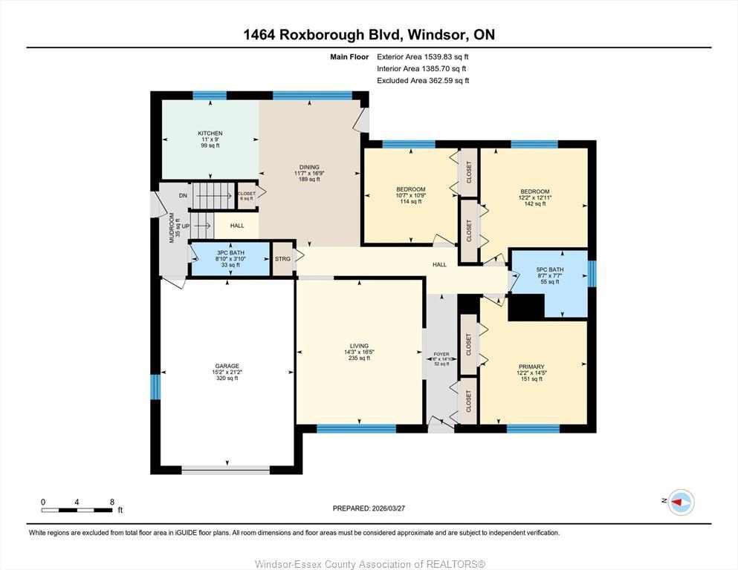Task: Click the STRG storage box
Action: pos(282,259)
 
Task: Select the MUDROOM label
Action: pos(172,229)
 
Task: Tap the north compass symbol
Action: pos(680,502)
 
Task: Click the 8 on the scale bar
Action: pos(112,502)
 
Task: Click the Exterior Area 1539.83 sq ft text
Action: pos(423,56)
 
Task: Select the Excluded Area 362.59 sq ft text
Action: pos(423,81)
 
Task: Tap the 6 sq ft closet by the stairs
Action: pos(247,196)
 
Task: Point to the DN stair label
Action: pos(183,196)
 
